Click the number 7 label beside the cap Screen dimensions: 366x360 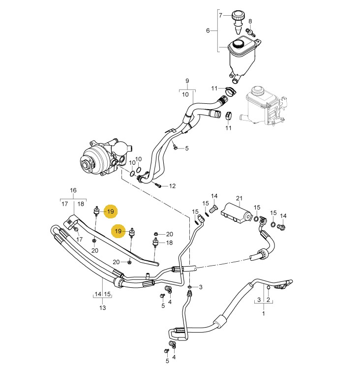click(x=221, y=15)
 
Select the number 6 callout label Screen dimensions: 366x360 click(x=208, y=30)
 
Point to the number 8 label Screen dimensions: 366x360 click(x=250, y=21)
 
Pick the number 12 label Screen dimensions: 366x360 click(x=172, y=186)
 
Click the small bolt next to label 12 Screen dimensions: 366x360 click(x=158, y=185)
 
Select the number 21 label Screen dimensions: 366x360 click(x=240, y=198)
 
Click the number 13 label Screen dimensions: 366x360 click(x=102, y=308)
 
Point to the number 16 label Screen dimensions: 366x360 click(x=73, y=190)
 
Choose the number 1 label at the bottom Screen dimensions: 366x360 click(x=263, y=313)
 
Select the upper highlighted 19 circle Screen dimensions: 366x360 click(x=111, y=212)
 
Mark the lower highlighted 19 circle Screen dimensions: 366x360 click(x=118, y=230)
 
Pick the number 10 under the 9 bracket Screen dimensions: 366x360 click(x=185, y=94)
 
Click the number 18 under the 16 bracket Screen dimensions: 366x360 click(x=81, y=203)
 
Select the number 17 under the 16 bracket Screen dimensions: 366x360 click(x=64, y=203)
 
